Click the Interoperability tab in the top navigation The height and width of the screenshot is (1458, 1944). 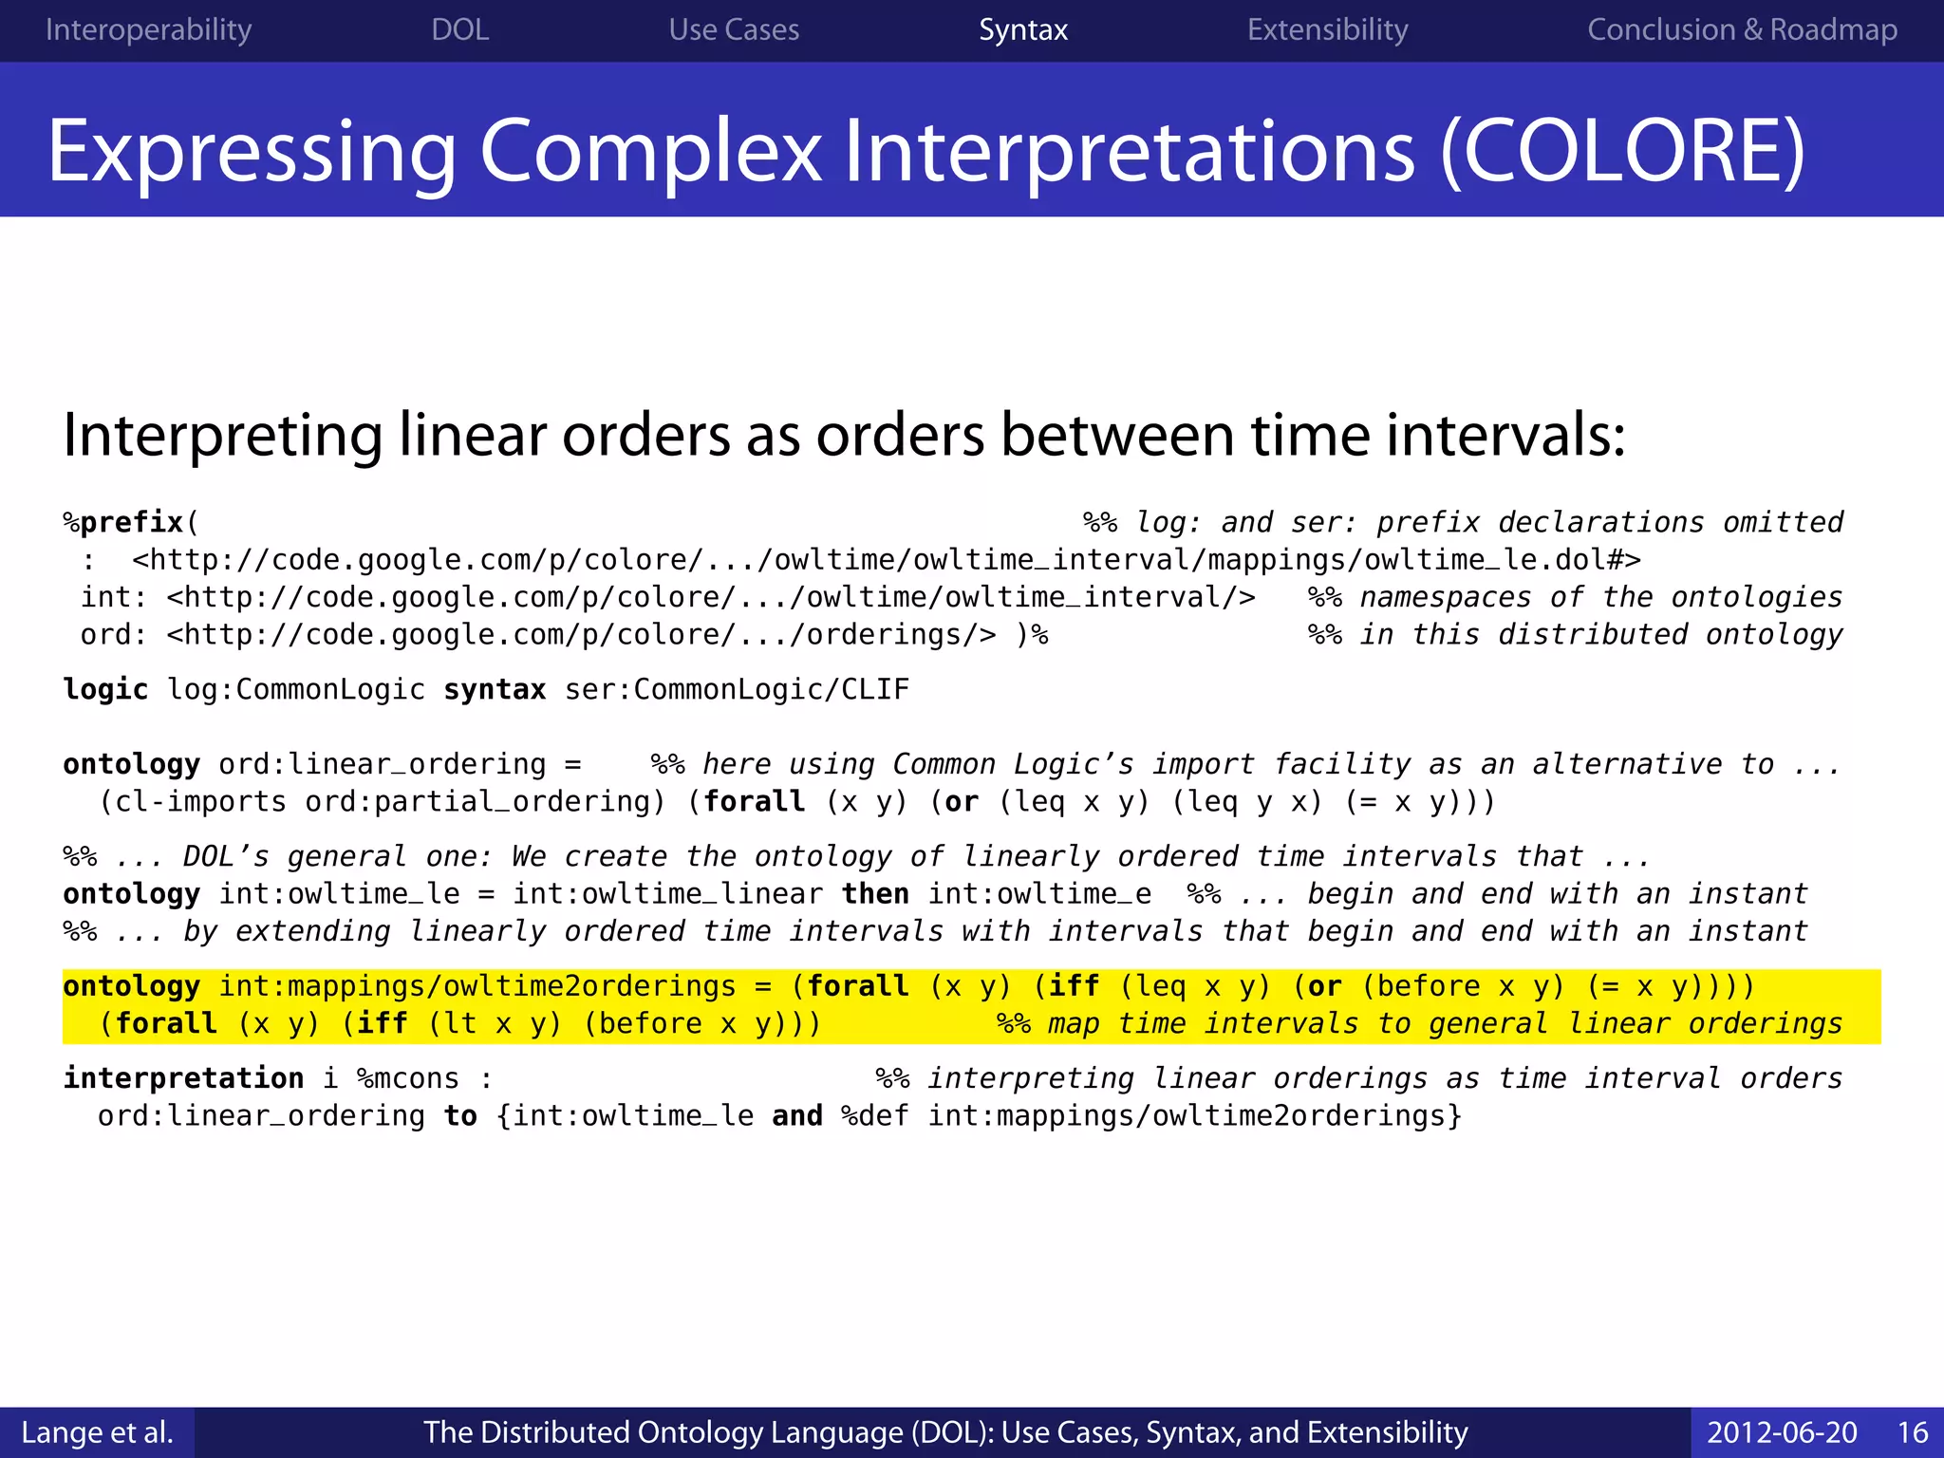148,30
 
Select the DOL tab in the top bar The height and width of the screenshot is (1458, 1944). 459,30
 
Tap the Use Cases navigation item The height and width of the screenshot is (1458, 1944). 734,30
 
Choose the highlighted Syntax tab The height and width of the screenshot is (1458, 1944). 1023,30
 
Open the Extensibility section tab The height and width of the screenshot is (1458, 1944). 1327,30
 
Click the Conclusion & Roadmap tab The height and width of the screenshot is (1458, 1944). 1742,30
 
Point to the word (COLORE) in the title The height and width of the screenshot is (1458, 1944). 1622,152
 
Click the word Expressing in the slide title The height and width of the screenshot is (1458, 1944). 252,152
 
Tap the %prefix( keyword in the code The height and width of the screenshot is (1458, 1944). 131,522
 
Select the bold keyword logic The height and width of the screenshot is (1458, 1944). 105,689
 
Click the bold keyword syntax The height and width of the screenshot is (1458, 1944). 495,689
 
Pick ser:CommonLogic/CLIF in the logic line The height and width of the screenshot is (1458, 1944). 737,689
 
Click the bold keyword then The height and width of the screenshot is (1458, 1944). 875,894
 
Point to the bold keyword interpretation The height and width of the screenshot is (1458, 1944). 183,1078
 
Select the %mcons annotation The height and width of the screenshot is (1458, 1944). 407,1078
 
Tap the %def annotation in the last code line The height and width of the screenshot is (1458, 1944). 874,1116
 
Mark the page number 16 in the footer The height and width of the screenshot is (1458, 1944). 1912,1432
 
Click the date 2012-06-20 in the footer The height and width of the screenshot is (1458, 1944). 1782,1432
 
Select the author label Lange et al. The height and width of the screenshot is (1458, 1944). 97,1432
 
